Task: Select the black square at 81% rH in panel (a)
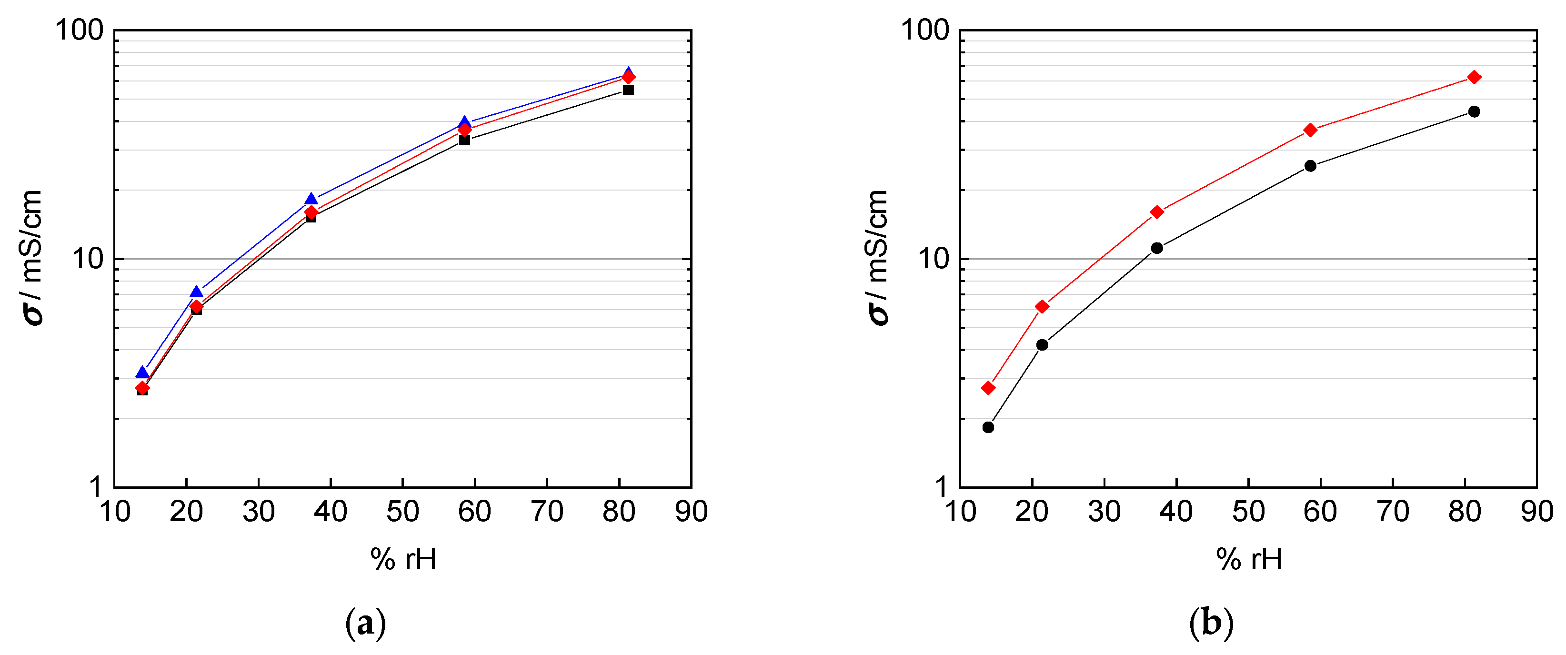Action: [x=628, y=90]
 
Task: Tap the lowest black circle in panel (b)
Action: [x=988, y=428]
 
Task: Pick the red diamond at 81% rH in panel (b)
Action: [x=1474, y=77]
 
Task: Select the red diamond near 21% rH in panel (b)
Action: [x=1042, y=306]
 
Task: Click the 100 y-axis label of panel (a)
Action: [x=80, y=30]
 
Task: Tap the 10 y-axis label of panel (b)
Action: [x=933, y=259]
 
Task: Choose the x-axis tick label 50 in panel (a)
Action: [x=402, y=512]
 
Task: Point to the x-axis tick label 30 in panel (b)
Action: [x=1104, y=512]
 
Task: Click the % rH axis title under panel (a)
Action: [x=403, y=559]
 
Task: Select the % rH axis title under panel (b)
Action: [x=1249, y=559]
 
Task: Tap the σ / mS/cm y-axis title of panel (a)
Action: [x=31, y=259]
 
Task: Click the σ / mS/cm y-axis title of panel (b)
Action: [x=877, y=259]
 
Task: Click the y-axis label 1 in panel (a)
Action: [x=96, y=487]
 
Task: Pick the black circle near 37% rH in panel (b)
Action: [x=1156, y=248]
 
